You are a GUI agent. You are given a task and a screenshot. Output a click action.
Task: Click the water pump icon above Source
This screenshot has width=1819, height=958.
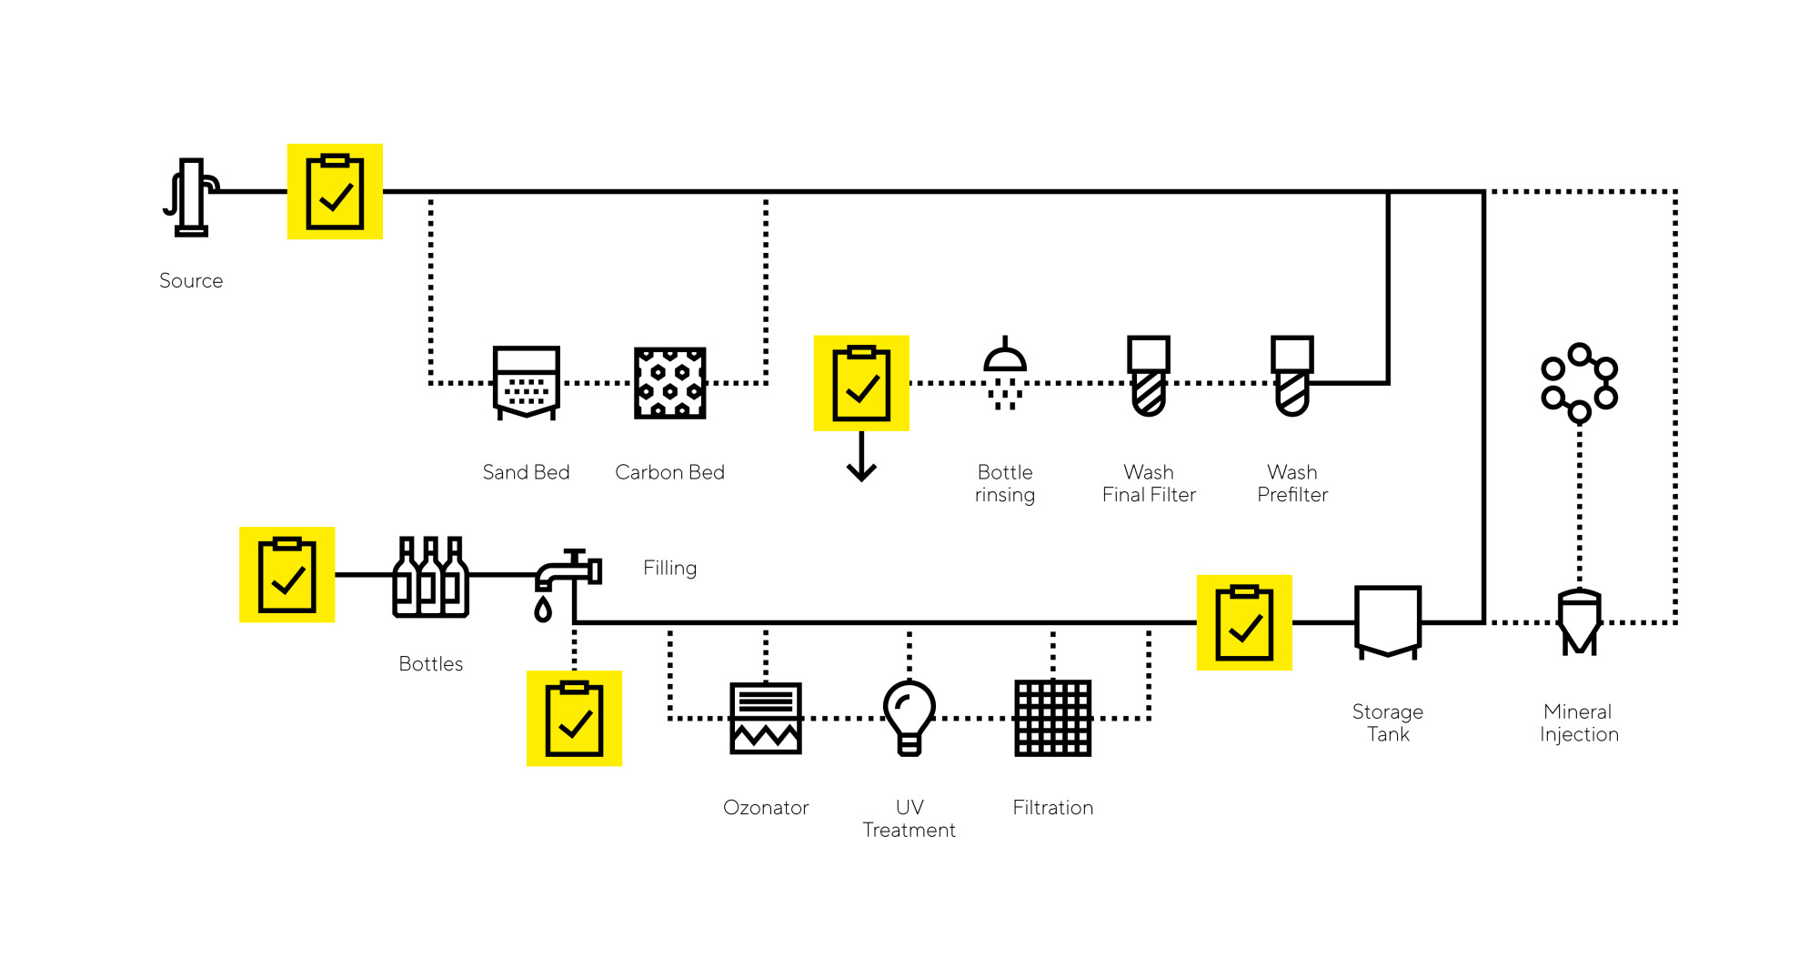191,197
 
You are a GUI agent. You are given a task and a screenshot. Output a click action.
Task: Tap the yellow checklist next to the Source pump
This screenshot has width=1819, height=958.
335,192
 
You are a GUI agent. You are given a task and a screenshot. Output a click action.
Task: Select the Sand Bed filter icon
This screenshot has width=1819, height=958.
526,383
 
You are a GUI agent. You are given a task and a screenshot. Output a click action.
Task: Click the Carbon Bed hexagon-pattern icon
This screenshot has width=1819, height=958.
669,383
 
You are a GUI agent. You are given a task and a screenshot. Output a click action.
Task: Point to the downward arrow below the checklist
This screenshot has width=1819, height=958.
861,457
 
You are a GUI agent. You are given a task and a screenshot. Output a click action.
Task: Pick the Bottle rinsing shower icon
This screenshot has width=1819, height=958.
1005,374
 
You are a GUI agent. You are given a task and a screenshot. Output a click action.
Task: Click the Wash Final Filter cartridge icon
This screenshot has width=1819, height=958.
1149,376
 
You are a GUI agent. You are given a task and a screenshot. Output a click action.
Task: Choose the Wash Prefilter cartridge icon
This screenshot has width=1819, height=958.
1292,376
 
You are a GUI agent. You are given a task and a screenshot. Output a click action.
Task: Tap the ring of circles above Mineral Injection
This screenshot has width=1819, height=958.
1580,383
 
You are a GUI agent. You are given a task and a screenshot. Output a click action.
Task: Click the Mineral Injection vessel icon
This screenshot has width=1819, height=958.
1580,622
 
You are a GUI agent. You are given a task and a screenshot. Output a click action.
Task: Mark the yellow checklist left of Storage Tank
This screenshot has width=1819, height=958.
1244,622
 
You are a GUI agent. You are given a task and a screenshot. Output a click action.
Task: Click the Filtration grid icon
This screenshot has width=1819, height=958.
1053,718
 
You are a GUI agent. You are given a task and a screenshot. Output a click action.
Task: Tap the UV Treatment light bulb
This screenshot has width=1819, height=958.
909,718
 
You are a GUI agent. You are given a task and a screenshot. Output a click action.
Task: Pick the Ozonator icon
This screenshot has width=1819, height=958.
766,718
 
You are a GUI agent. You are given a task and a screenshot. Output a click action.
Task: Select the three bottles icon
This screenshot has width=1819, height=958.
431,577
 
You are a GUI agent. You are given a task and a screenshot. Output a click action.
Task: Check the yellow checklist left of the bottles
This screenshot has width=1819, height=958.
286,575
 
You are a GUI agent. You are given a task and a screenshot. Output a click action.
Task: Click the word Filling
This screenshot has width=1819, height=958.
670,568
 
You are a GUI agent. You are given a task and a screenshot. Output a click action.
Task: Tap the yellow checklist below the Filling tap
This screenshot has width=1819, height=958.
574,719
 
